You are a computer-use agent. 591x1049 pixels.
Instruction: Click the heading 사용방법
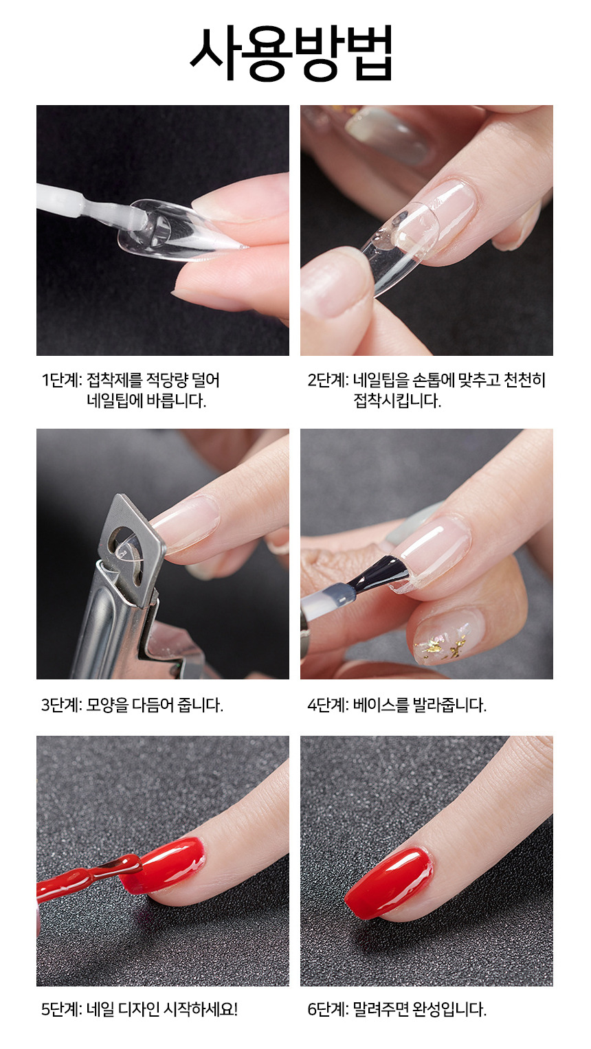291,54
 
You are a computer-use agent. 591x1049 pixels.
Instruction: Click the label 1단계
62,380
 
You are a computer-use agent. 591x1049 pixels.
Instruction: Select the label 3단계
62,705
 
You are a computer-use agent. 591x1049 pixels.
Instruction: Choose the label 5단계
62,1009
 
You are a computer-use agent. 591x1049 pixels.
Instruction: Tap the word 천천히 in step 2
524,380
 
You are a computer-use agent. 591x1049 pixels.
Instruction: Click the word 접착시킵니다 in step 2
397,401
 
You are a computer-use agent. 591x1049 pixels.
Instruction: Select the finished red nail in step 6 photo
388,882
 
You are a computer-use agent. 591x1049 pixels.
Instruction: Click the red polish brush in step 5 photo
89,875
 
